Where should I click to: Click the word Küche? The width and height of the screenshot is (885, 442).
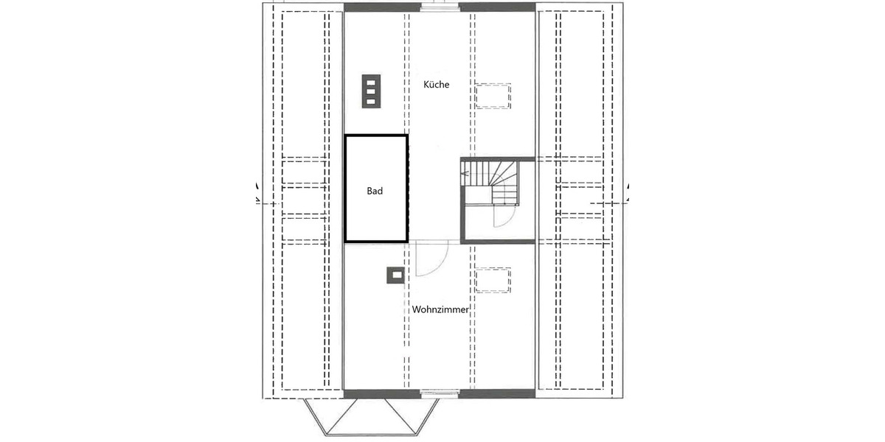436,85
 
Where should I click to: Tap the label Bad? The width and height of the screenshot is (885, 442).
375,191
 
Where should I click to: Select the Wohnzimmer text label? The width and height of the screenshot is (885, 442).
440,310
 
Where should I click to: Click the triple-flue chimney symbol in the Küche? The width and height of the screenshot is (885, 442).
370,91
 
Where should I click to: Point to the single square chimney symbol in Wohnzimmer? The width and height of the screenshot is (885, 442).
396,275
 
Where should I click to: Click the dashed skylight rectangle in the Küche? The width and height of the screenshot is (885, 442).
493,97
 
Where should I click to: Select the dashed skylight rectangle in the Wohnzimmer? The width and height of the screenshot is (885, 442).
493,280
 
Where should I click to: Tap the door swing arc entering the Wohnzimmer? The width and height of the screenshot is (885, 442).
432,259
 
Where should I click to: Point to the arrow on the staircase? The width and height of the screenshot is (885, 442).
464,175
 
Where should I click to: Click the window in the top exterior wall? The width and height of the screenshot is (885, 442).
440,7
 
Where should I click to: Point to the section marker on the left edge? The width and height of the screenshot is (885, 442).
257,193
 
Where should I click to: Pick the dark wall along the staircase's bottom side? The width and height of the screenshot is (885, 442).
498,241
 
